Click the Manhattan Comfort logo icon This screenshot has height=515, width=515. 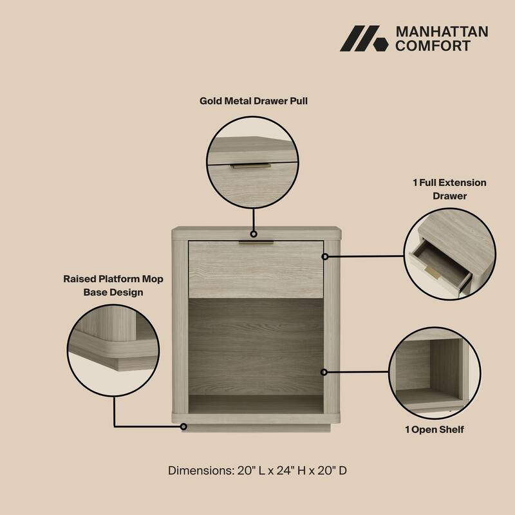pyautogui.click(x=364, y=39)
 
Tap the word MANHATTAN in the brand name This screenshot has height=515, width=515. pyautogui.click(x=441, y=32)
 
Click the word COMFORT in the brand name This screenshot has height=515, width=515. pyautogui.click(x=432, y=46)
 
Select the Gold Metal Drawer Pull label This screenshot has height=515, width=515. pyautogui.click(x=253, y=101)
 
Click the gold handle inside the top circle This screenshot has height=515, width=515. pyautogui.click(x=250, y=165)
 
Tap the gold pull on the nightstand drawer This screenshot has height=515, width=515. pyautogui.click(x=256, y=243)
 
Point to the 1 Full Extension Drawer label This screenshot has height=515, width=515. pyautogui.click(x=449, y=189)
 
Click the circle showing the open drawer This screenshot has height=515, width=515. pyautogui.click(x=449, y=254)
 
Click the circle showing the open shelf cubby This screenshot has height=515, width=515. pyautogui.click(x=435, y=372)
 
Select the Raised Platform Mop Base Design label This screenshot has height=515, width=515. pyautogui.click(x=113, y=285)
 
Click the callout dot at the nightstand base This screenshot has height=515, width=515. pyautogui.click(x=183, y=426)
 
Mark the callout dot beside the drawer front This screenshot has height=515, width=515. pyautogui.click(x=325, y=256)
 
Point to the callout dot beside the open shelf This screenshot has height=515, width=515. pyautogui.click(x=325, y=372)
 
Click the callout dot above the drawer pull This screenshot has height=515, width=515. pyautogui.click(x=254, y=234)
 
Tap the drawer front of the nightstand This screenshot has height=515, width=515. pyautogui.click(x=256, y=270)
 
